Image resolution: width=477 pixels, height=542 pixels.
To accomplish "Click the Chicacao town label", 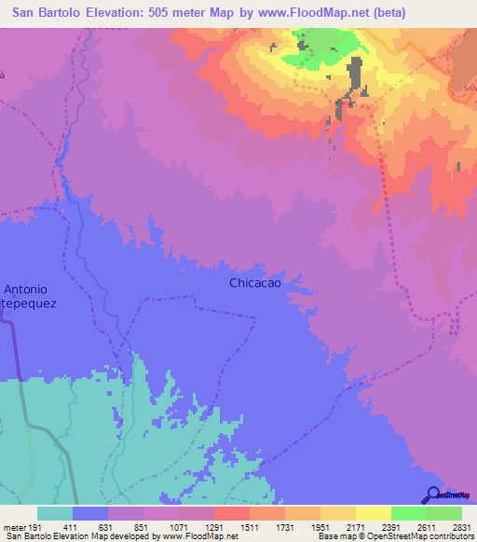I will click(x=255, y=283).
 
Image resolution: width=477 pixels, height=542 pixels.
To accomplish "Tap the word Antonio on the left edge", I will click(x=26, y=289).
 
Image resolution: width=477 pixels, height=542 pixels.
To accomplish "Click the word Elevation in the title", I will click(x=126, y=12).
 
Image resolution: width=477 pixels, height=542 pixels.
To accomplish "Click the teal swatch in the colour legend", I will click(x=55, y=513).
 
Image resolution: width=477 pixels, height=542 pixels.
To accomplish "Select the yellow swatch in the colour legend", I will click(x=373, y=513).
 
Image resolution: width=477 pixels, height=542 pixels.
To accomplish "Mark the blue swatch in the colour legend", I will click(x=90, y=513).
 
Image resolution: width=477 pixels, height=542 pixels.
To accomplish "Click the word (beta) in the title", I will click(x=386, y=12).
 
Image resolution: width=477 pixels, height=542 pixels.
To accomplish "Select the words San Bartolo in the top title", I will click(x=51, y=12).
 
